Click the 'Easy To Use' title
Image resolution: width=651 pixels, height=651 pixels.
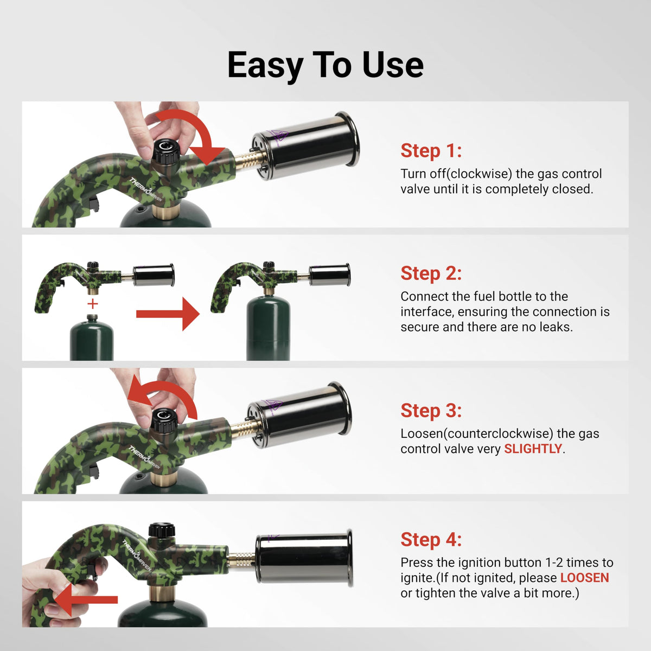tap(325, 65)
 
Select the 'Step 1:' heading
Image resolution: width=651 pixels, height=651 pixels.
tap(431, 151)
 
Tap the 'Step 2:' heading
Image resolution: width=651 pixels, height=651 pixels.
tap(431, 273)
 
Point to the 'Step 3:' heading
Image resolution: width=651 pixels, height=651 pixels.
tap(431, 411)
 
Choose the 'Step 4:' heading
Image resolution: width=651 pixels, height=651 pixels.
tap(431, 540)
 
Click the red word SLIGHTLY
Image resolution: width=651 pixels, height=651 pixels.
tap(533, 449)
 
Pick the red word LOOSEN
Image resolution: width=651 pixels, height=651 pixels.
tap(584, 578)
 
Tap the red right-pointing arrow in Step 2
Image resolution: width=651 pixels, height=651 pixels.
tap(168, 314)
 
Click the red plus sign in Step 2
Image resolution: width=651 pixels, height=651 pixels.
tap(93, 304)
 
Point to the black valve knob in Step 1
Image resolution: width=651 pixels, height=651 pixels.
tap(164, 152)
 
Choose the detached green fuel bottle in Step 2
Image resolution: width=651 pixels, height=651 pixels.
tap(92, 339)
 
